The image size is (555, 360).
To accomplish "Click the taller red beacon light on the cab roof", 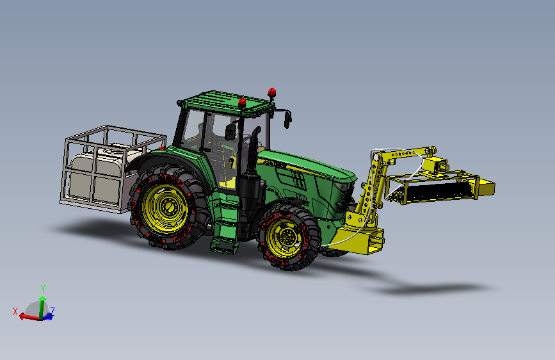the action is coord(272,93).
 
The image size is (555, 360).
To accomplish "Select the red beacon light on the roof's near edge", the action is coord(242,102).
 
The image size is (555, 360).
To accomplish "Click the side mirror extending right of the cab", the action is coord(287,119).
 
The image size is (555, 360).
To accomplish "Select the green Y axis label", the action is coord(42,288).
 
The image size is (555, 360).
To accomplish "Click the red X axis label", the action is coord(15,311).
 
